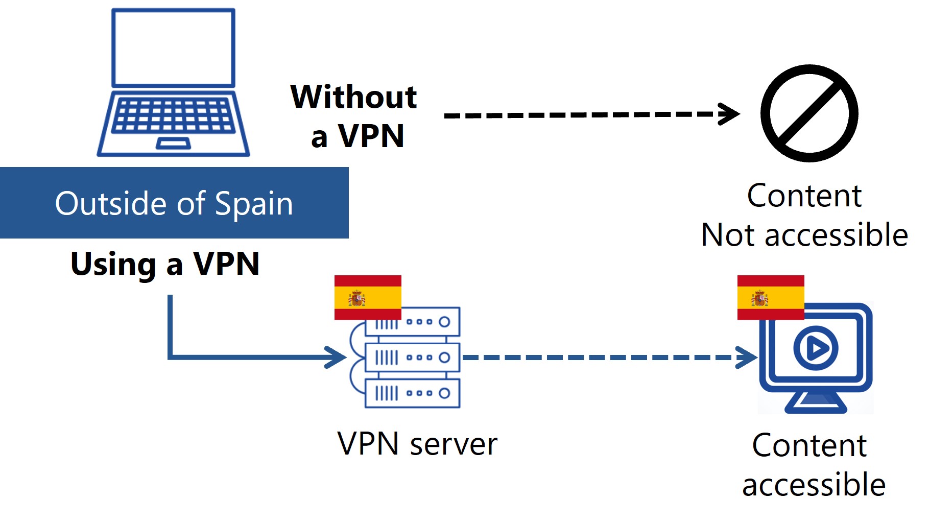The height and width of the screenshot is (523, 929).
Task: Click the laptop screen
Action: pos(173,47)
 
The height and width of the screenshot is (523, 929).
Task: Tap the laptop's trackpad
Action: pos(173,144)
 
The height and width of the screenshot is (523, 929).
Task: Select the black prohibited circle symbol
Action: pos(809,113)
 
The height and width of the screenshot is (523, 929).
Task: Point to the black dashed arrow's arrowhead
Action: pos(730,113)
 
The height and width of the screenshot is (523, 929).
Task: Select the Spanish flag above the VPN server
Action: pos(368,297)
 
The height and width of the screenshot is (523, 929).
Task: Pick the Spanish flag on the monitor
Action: pos(770,297)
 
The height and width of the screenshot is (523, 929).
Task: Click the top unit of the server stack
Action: pos(413,322)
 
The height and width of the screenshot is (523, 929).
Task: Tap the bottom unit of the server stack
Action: pos(413,393)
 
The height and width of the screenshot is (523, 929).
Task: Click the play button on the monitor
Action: pos(816,348)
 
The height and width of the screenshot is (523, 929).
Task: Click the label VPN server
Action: pos(417,443)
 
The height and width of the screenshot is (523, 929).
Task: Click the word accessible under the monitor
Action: pos(814,485)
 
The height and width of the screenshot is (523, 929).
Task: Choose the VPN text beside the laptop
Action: pos(371,136)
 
